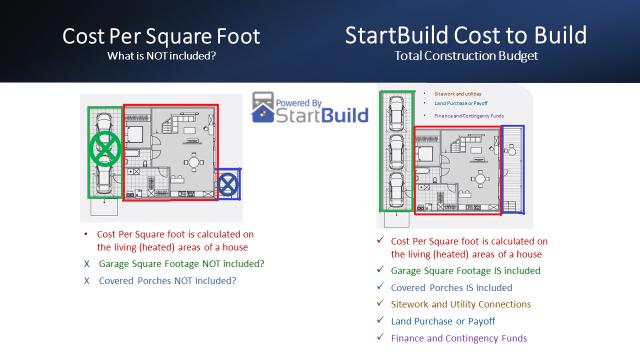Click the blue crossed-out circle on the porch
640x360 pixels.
[229, 183]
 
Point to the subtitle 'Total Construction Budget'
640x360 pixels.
[466, 57]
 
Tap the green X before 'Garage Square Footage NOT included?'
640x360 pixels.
[87, 264]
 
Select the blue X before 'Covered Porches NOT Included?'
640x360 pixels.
[87, 281]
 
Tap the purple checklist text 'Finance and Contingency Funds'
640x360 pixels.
[460, 338]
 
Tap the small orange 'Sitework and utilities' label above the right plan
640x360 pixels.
[458, 93]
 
